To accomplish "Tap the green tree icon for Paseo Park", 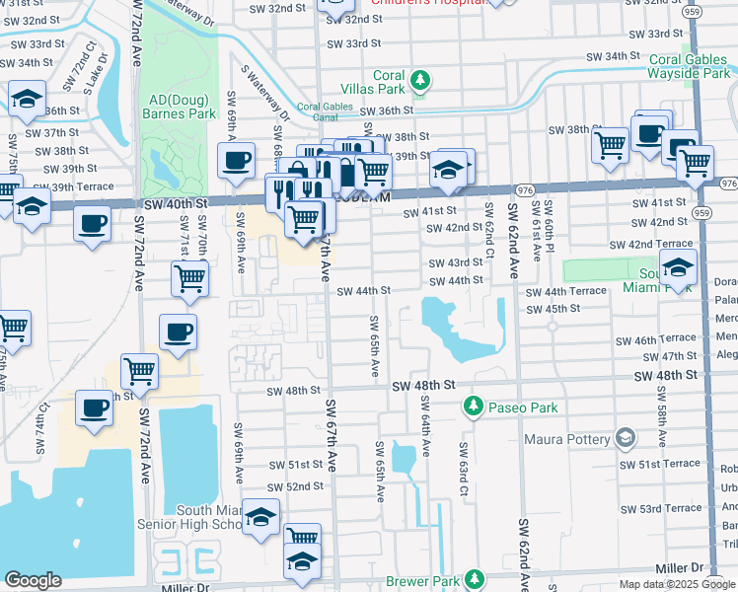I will tap(474, 407).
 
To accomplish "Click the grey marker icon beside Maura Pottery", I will tap(625, 436).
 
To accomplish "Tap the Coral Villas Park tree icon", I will tap(420, 80).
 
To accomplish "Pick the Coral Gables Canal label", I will tap(327, 112).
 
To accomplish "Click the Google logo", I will tap(33, 580).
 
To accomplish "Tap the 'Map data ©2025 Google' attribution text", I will tap(676, 584).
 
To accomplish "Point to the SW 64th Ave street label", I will tap(425, 426).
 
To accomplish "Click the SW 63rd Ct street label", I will tap(462, 465).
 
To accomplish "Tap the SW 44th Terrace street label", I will tap(565, 293).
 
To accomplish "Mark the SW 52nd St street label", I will tap(293, 486).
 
